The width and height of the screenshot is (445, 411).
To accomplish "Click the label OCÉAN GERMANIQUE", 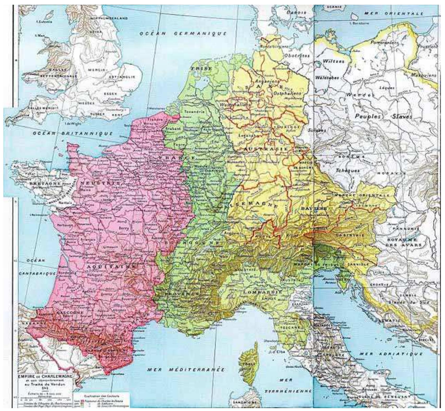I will [183, 34].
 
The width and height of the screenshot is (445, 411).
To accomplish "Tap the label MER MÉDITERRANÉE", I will [186, 369].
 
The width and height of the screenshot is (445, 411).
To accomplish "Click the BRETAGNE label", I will [46, 184].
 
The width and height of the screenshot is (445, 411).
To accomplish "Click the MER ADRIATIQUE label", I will [391, 354].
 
